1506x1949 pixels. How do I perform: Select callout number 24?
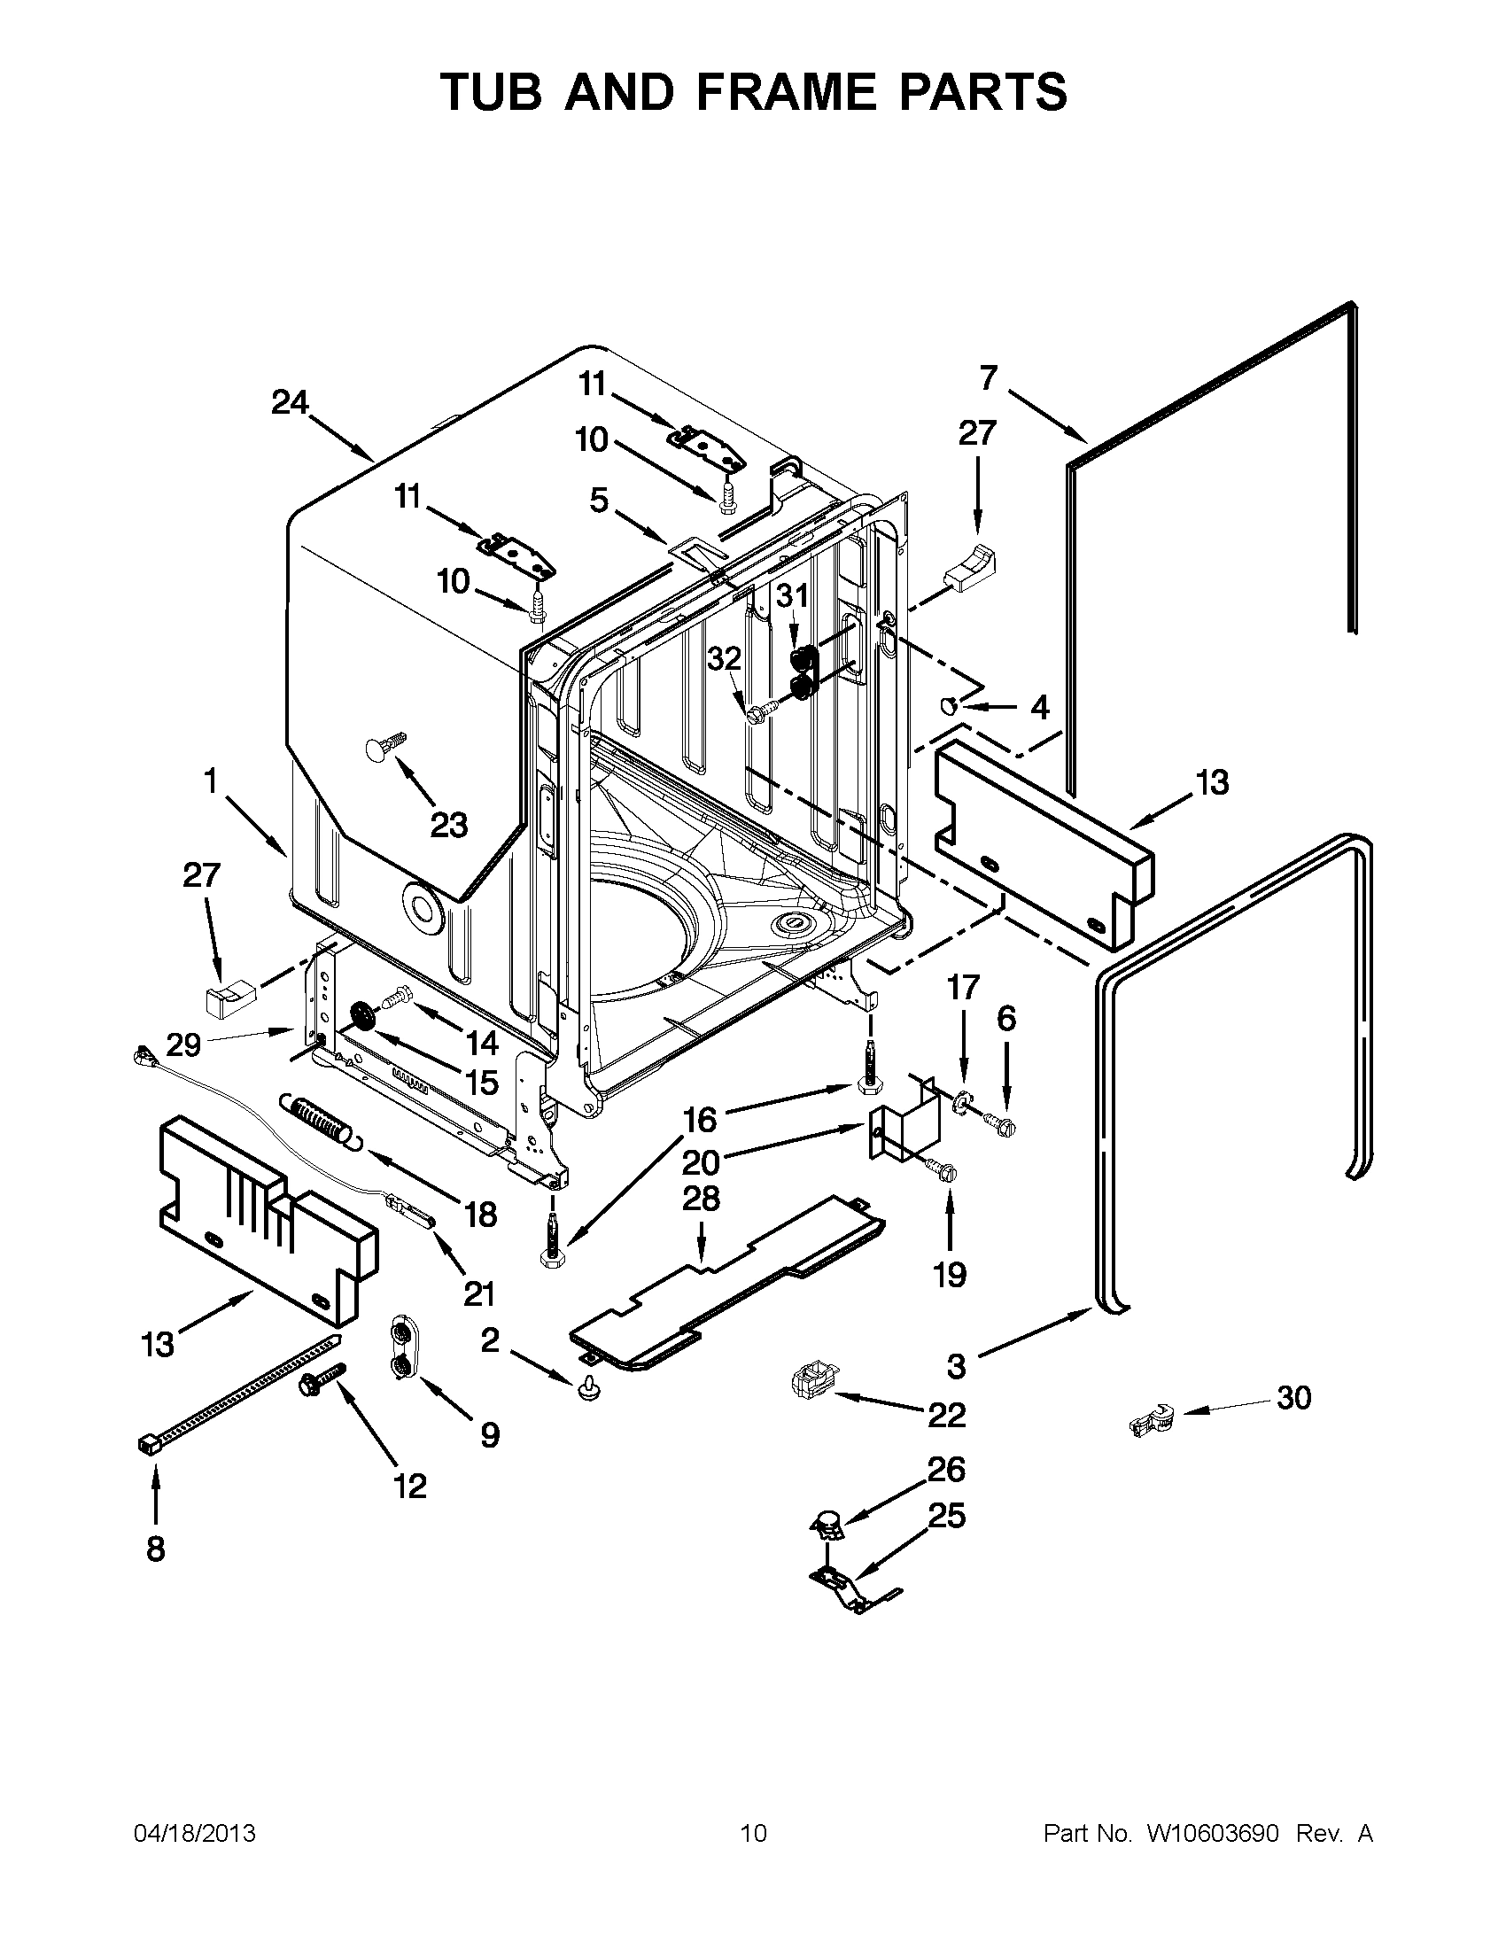coord(290,403)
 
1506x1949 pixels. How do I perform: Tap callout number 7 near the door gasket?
coord(988,378)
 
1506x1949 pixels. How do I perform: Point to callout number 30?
coord(1293,1397)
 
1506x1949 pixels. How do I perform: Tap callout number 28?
coord(701,1199)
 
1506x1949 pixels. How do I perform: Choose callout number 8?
coord(155,1549)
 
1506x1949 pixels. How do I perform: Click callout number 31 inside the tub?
coord(791,595)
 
